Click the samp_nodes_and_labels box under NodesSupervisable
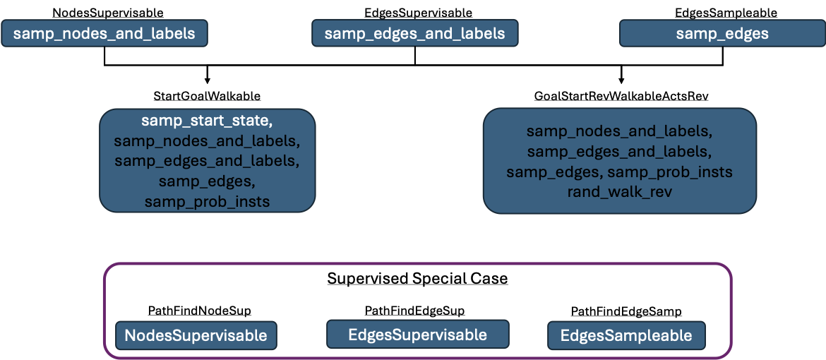[x=104, y=34]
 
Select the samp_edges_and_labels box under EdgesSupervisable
[x=415, y=34]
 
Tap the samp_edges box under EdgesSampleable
[x=722, y=34]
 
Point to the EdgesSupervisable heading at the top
[x=418, y=12]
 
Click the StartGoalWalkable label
[x=207, y=96]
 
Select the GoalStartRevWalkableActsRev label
[x=621, y=96]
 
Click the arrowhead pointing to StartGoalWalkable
[x=208, y=80]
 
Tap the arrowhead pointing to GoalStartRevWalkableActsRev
[x=621, y=80]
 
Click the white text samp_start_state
[x=207, y=121]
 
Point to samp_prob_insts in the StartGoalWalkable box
[x=207, y=201]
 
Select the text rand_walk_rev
[x=620, y=192]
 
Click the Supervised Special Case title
[x=417, y=278]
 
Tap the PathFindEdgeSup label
[x=414, y=311]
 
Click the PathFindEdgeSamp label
[x=626, y=311]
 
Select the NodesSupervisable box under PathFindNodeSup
[x=196, y=335]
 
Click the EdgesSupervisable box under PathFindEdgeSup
[x=418, y=334]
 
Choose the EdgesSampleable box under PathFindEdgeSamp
[x=626, y=336]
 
